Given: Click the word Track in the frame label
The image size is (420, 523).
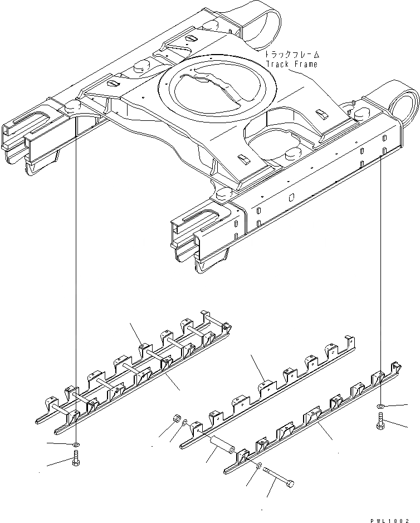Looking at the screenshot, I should click(276, 64).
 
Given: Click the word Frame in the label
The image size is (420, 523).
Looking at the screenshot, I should click(306, 64).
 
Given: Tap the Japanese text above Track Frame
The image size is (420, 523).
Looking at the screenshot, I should click(291, 55).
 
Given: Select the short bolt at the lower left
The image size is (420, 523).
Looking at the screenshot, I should click(76, 462).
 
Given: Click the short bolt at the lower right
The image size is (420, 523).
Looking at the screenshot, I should click(381, 422).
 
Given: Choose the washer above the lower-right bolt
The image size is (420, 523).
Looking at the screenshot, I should click(381, 406).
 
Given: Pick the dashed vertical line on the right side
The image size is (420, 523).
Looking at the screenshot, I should click(381, 278).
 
